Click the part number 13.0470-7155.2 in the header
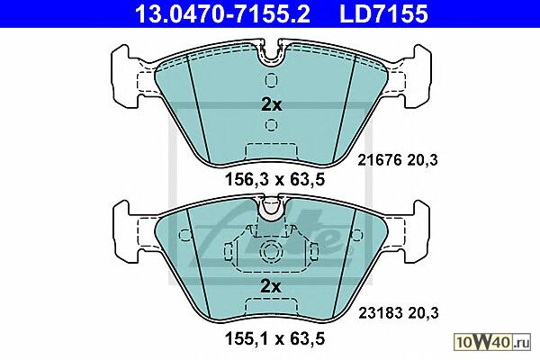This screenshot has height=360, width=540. [222, 13]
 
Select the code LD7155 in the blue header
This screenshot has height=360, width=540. [383, 13]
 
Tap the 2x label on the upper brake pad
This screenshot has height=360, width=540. [272, 104]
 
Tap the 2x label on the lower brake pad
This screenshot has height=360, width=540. [271, 286]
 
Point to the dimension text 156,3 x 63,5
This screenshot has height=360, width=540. [274, 179]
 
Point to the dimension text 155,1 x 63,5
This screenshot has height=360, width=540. [274, 338]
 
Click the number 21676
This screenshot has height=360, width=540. [380, 160]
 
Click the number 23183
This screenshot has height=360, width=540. [381, 313]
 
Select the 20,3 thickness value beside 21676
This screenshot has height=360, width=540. [423, 160]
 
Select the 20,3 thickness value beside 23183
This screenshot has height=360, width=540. [423, 313]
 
